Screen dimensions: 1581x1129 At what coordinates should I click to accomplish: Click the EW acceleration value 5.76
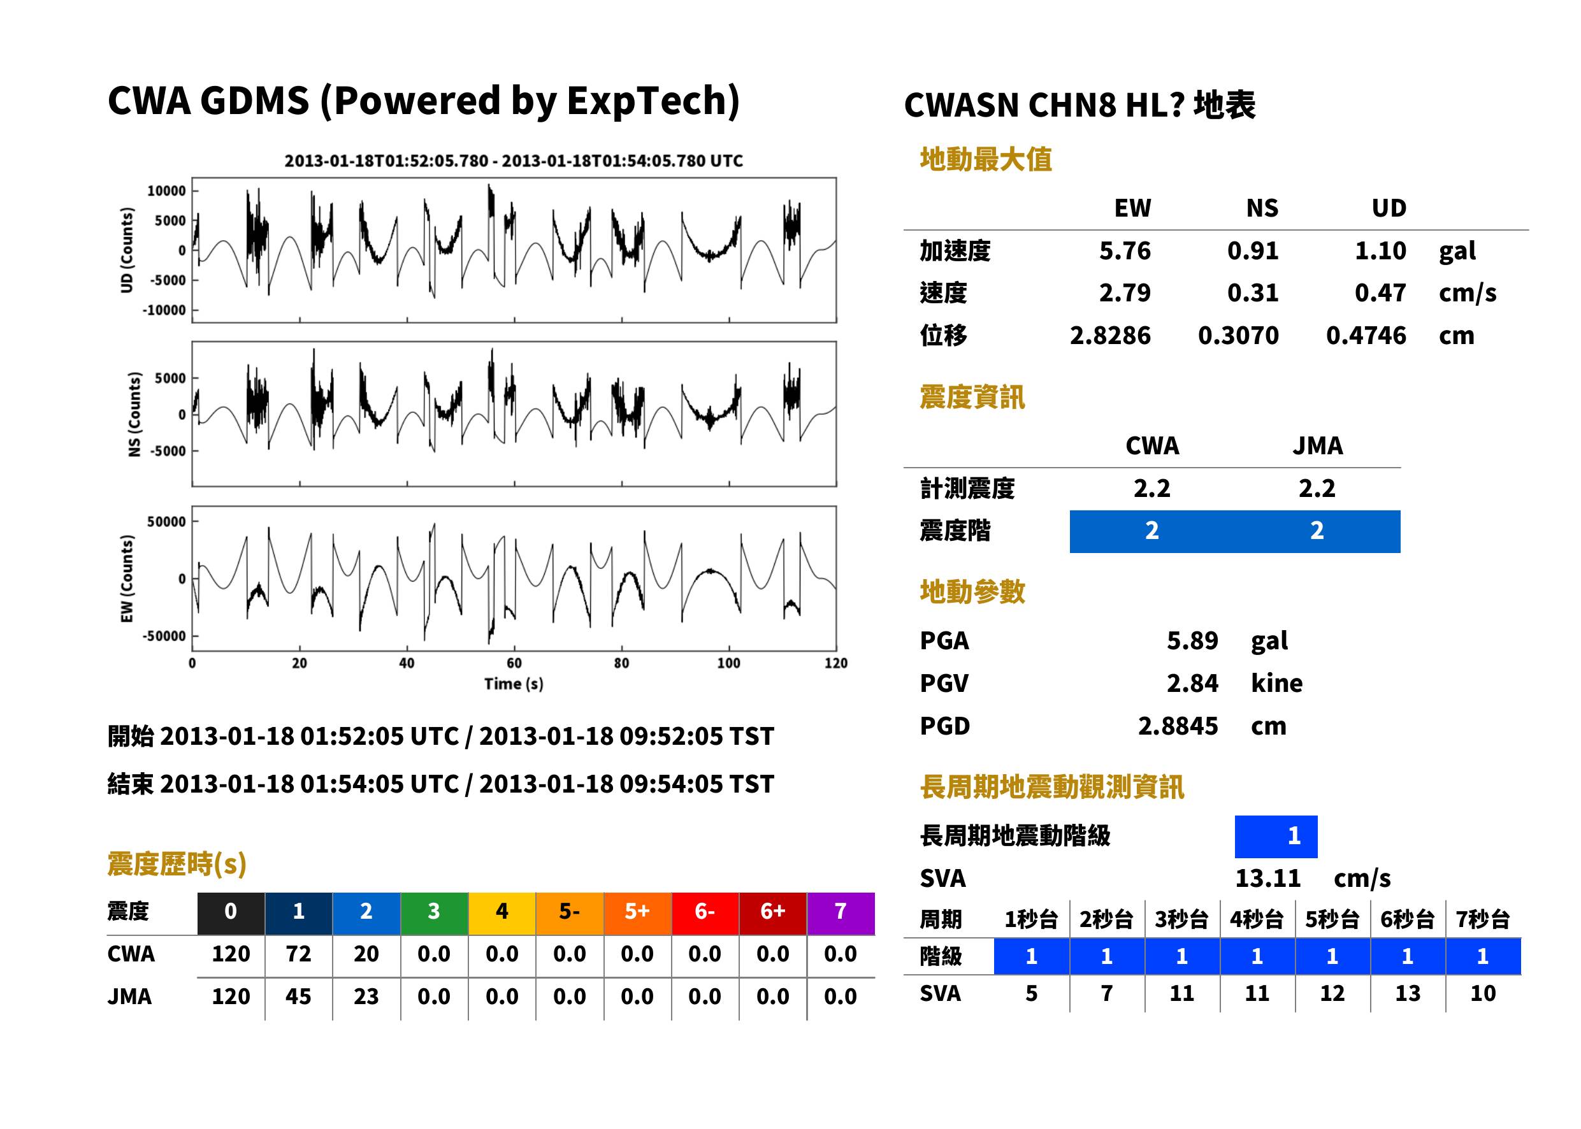pos(1124,251)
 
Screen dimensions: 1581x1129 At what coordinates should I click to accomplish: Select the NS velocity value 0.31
pos(1252,292)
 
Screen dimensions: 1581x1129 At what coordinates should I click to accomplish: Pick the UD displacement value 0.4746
pos(1366,335)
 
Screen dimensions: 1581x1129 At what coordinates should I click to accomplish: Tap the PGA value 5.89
pos(1192,640)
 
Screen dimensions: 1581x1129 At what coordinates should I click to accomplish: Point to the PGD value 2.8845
pos(1178,726)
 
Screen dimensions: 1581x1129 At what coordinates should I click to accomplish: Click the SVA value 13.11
pos(1267,878)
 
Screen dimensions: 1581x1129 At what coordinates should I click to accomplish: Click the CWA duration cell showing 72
pos(298,954)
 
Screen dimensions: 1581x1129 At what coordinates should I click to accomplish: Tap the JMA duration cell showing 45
pos(298,996)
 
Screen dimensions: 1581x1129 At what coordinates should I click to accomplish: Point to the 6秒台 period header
pos(1407,919)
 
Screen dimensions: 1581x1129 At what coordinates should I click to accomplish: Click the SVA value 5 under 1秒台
pos(1031,993)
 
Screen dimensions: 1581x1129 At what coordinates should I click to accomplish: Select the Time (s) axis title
pos(514,684)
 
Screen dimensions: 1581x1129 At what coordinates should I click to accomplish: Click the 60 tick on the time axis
pos(514,663)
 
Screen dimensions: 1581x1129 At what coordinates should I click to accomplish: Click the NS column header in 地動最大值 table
pos(1262,208)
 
